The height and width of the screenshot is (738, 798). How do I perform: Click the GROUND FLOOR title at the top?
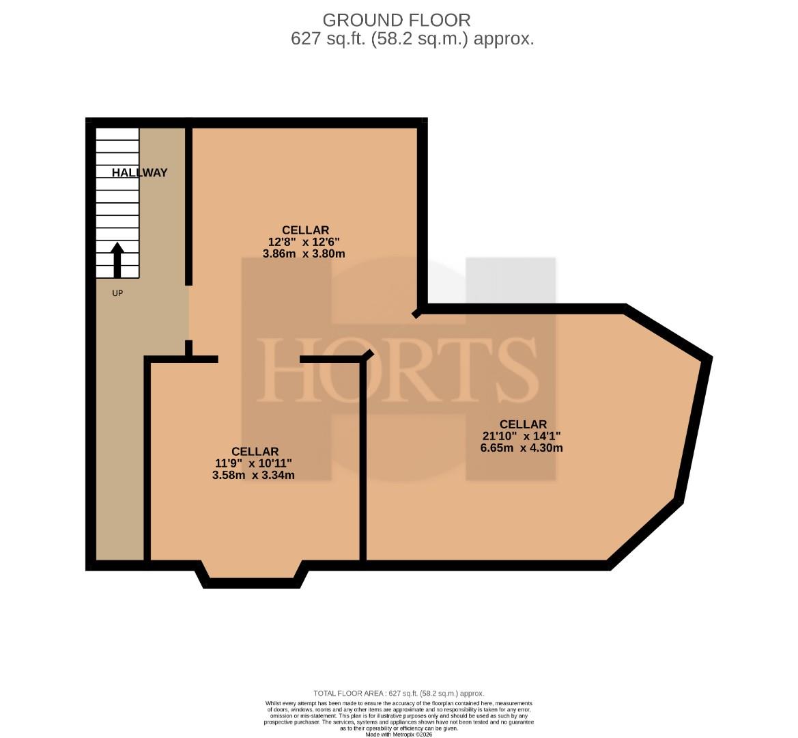point(397,20)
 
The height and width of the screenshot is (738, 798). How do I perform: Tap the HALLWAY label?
point(139,173)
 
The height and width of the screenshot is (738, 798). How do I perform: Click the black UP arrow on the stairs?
point(117,260)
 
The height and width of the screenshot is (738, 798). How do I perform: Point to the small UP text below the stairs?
point(117,293)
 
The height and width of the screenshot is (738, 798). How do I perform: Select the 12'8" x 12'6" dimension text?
point(304,241)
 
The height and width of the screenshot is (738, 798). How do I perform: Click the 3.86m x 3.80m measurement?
point(304,253)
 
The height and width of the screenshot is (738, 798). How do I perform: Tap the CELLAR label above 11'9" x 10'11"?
point(255,451)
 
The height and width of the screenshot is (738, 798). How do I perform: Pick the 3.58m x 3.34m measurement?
point(253,475)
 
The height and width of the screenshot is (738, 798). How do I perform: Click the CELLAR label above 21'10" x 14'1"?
point(523,424)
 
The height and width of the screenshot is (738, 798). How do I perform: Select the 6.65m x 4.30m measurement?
point(522,448)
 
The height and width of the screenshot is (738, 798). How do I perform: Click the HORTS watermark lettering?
point(399,370)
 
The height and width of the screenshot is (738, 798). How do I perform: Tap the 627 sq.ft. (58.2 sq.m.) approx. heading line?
point(412,39)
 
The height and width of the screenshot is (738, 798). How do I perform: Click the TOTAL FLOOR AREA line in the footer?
point(399,693)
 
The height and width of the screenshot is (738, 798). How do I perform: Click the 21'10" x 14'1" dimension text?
point(522,436)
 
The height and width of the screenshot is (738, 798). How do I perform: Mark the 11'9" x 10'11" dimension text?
point(253,463)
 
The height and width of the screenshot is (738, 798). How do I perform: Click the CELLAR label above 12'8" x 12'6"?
point(305,230)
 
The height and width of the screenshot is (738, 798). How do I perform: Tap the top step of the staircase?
point(117,134)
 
